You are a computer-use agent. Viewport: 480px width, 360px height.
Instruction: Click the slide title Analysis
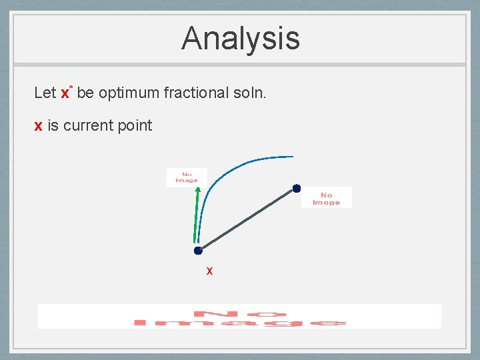click(x=240, y=38)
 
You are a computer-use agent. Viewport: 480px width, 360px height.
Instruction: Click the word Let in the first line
click(x=45, y=93)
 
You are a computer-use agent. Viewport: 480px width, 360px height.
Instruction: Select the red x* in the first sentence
click(x=65, y=92)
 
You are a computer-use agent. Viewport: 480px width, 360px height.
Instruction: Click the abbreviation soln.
click(x=250, y=93)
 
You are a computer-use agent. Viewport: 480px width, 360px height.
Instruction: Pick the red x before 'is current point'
click(x=39, y=125)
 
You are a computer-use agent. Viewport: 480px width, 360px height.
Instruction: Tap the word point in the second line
click(x=135, y=126)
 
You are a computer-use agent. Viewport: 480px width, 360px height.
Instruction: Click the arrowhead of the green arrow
click(x=197, y=191)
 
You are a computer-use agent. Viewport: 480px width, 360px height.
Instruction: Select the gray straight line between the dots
click(x=247, y=219)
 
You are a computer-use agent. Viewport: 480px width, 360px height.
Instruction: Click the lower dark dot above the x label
click(x=198, y=251)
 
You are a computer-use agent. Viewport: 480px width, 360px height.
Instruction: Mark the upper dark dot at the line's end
click(x=297, y=188)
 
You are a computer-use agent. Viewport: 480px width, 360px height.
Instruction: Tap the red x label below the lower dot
click(x=209, y=271)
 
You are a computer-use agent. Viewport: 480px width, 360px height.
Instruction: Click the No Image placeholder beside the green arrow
click(x=187, y=177)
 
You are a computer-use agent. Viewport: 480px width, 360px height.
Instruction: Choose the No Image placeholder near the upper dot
click(x=326, y=198)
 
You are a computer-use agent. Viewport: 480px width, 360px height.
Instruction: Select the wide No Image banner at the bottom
click(x=239, y=317)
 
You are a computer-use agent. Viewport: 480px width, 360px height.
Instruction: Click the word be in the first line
click(x=85, y=93)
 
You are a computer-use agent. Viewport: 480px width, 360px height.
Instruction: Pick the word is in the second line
click(x=53, y=125)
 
